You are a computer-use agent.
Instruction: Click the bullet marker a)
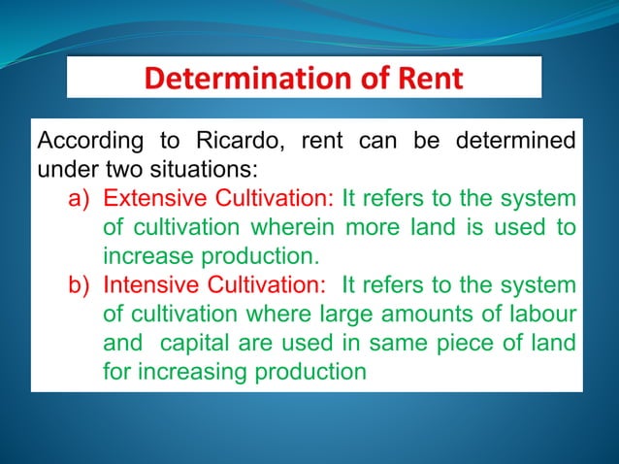[x=81, y=200]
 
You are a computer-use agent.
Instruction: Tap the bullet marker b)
[x=81, y=285]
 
